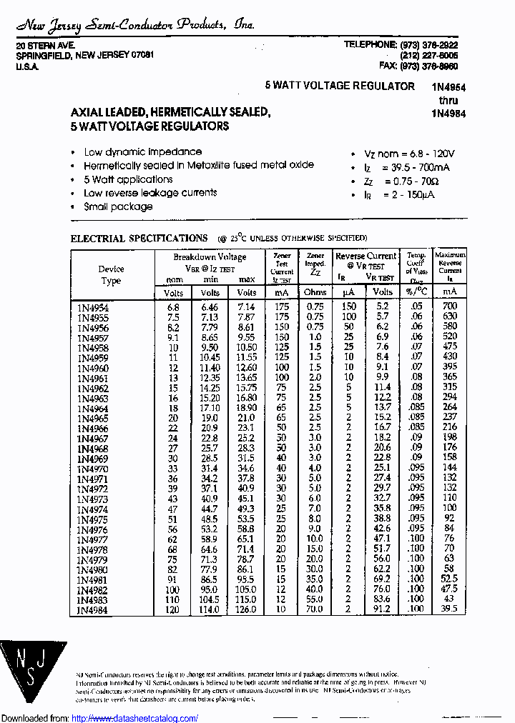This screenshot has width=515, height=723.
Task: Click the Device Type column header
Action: click(111, 275)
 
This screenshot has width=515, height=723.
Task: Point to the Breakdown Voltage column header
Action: click(210, 257)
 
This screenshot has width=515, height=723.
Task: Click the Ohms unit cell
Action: click(315, 292)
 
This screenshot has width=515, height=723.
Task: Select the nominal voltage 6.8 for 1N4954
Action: click(173, 306)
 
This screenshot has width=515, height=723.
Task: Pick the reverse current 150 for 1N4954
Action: click(348, 306)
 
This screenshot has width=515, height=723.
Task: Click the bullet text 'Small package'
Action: click(118, 206)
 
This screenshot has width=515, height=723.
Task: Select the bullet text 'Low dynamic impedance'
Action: click(142, 152)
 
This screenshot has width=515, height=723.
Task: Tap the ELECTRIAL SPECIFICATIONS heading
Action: click(139, 238)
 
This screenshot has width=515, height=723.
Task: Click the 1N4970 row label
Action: click(93, 468)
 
